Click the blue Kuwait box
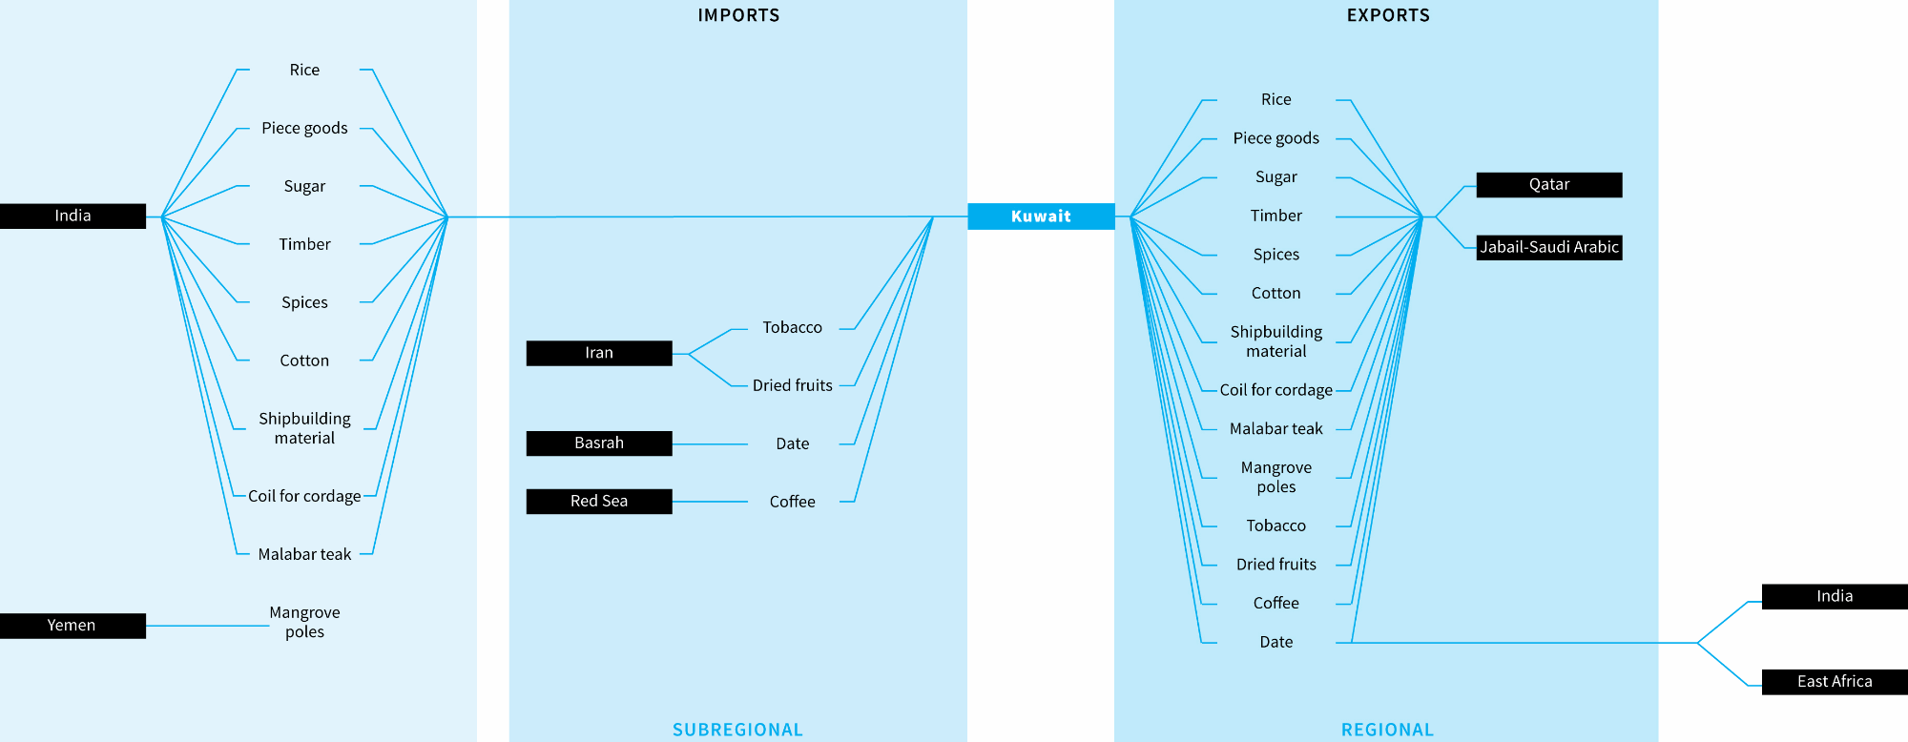1041,216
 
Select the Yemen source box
73,626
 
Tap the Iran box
599,353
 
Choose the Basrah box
599,443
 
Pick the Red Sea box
599,502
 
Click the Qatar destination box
1548,185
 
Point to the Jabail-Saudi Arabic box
1548,248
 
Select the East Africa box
1834,682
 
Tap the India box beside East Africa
1834,597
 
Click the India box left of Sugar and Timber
73,216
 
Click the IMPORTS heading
738,15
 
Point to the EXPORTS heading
1388,15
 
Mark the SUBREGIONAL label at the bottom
737,730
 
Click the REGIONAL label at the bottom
1387,730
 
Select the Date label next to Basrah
792,443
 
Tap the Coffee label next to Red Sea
792,502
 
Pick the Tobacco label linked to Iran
792,328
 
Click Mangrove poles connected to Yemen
304,622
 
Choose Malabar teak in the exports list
1275,429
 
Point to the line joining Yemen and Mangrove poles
207,626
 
